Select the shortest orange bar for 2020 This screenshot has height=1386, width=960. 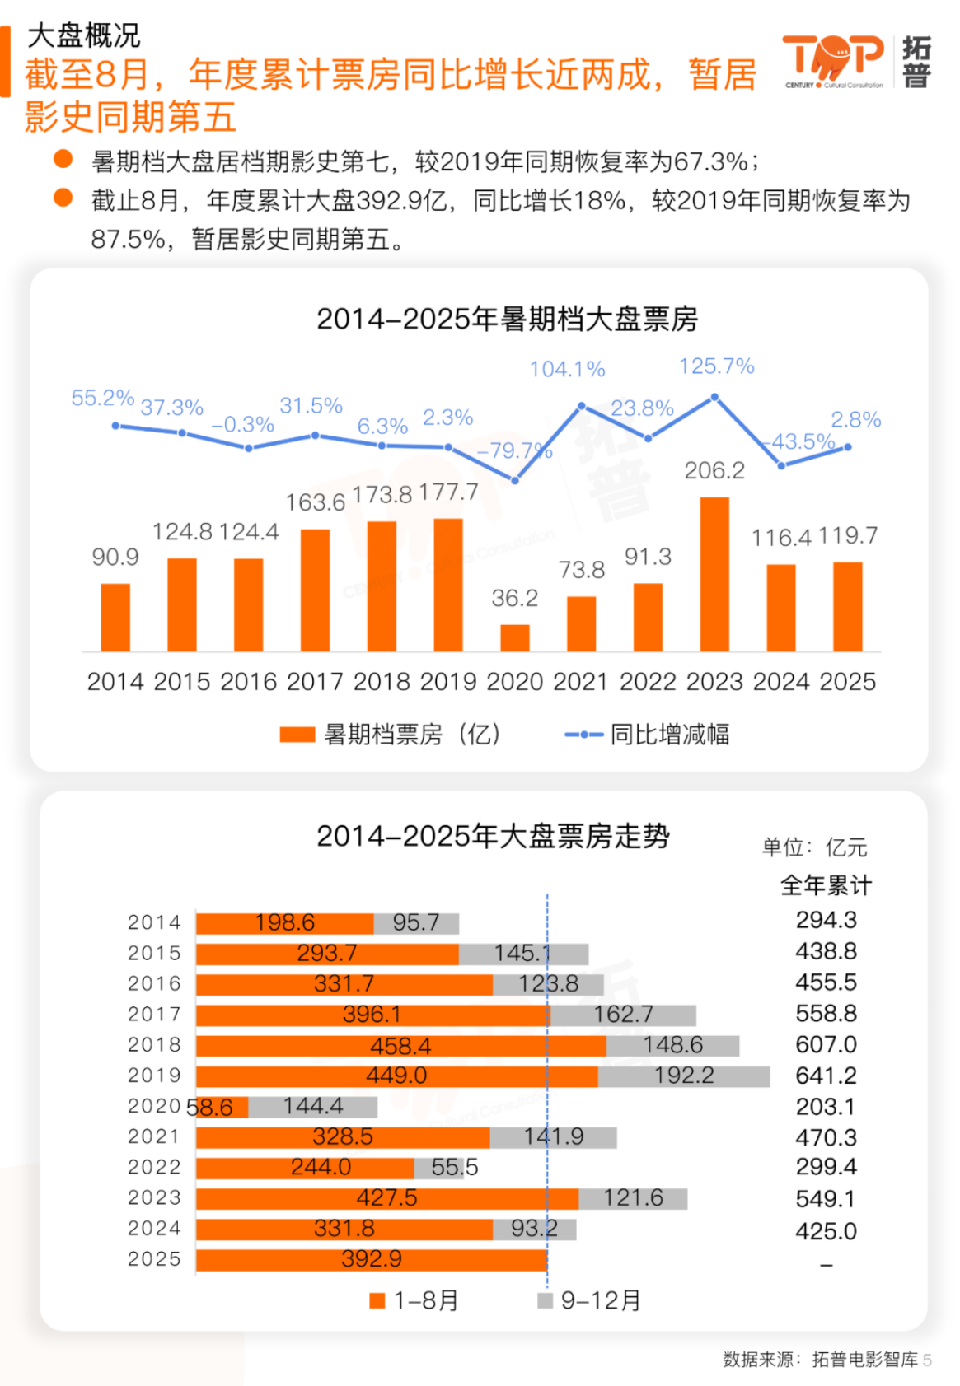pyautogui.click(x=515, y=638)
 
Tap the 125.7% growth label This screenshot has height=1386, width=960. pyautogui.click(x=716, y=366)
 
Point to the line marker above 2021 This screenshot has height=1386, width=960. pyautogui.click(x=582, y=406)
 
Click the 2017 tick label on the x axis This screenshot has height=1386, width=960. pyautogui.click(x=315, y=682)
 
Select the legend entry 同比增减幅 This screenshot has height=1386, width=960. pyautogui.click(x=647, y=735)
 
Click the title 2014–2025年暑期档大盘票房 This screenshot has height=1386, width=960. pyautogui.click(x=507, y=320)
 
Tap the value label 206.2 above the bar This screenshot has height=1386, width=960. pyautogui.click(x=714, y=471)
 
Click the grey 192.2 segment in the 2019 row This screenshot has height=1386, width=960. pyautogui.click(x=684, y=1076)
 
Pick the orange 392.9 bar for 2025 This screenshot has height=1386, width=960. pyautogui.click(x=371, y=1260)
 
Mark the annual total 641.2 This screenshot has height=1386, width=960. pyautogui.click(x=826, y=1076)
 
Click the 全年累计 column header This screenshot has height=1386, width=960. pyautogui.click(x=826, y=886)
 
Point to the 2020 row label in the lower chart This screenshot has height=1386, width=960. pyautogui.click(x=153, y=1106)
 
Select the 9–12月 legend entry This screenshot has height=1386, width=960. pyautogui.click(x=590, y=1301)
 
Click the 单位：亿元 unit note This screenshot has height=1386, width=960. pyautogui.click(x=814, y=847)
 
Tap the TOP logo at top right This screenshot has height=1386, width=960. pyautogui.click(x=832, y=59)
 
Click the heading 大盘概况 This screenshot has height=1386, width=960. pyautogui.click(x=83, y=35)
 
